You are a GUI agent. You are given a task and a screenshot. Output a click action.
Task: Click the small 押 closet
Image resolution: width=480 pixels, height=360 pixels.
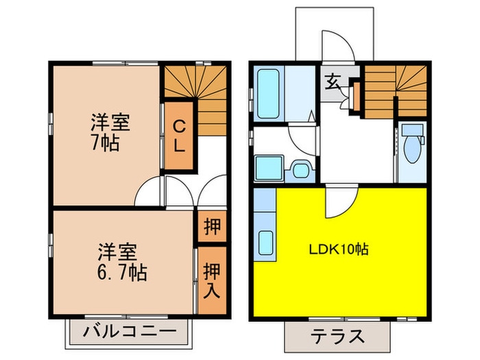click(x=212, y=227)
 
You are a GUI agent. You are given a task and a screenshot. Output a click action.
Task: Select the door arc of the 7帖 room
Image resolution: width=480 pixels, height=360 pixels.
click(x=149, y=193)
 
